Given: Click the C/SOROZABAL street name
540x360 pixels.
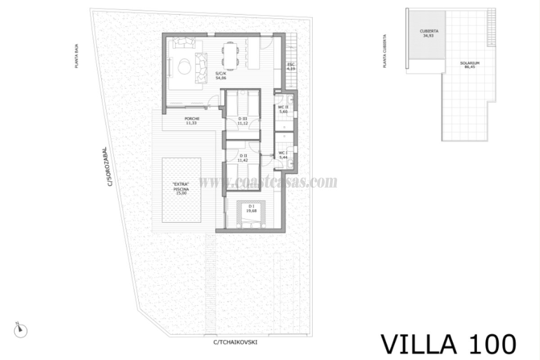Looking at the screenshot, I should point(105,166).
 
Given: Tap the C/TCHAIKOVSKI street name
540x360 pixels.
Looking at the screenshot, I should point(236,342).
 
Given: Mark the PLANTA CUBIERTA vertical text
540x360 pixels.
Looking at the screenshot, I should point(384,51).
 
